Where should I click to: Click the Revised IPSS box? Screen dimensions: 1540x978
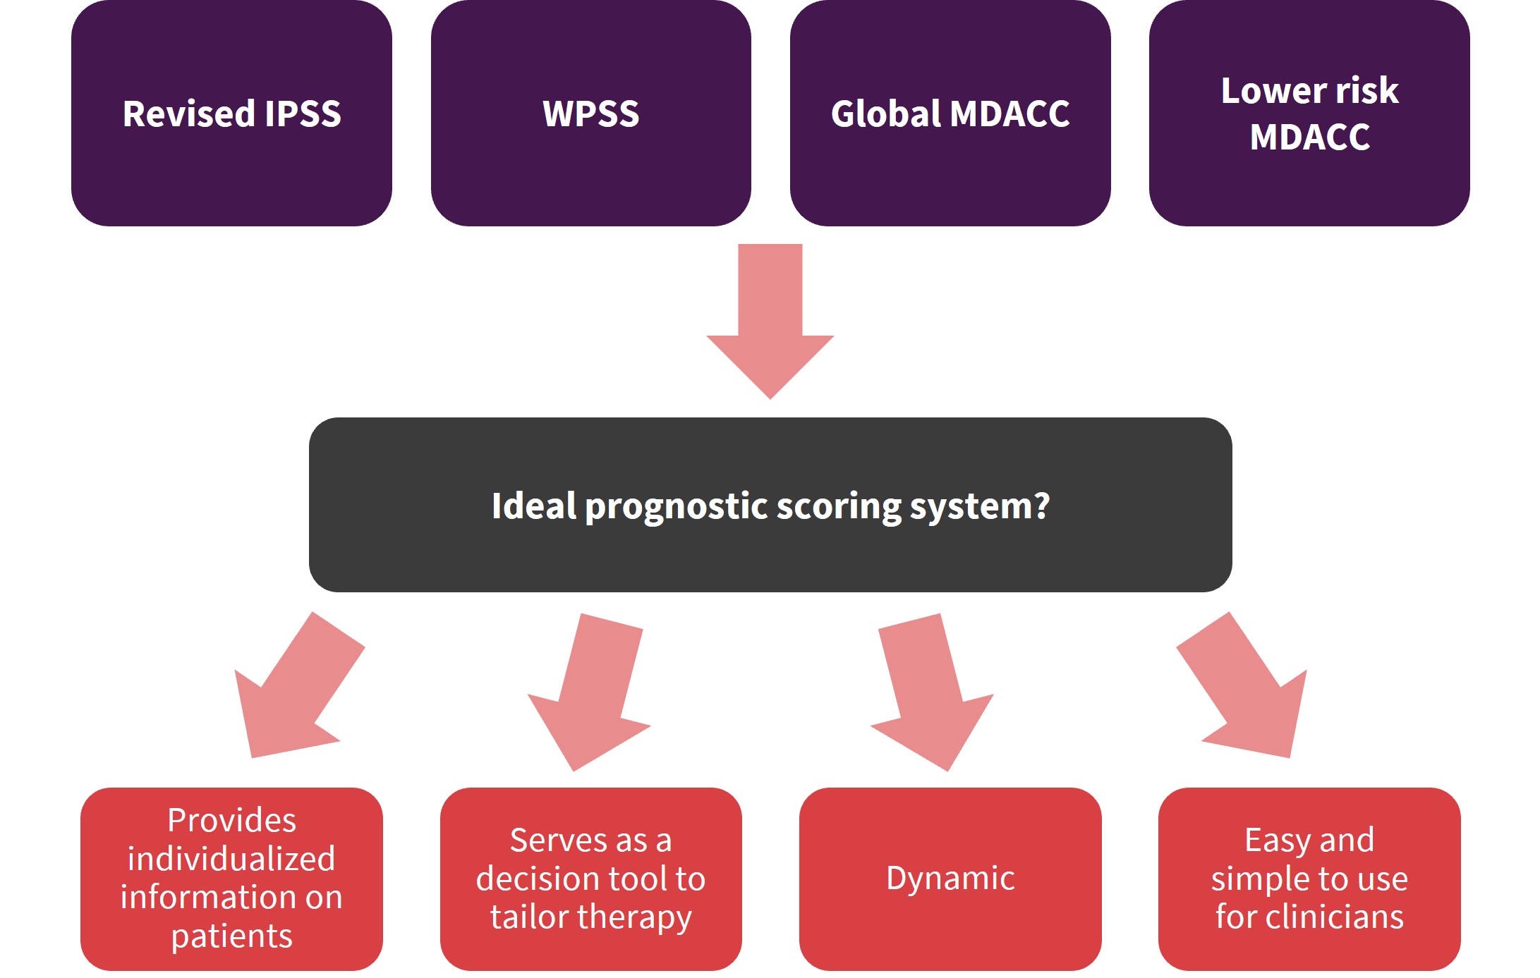231,113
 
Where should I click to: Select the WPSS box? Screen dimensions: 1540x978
591,113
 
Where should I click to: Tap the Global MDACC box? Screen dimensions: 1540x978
950,113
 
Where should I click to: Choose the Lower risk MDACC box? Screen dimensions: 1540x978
1309,113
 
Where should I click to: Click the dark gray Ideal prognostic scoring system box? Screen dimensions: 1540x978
770,505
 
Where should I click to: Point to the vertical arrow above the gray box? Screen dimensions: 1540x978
770,322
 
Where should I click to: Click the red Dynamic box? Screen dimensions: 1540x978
950,879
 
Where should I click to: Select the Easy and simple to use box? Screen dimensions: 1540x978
1309,879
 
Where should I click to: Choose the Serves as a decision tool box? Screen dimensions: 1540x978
591,879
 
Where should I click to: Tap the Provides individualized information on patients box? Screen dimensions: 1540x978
231,879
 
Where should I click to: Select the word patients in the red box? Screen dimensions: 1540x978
231,936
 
